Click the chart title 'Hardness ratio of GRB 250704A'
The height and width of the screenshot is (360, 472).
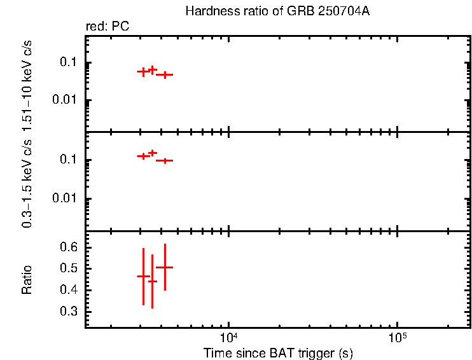coord(277,11)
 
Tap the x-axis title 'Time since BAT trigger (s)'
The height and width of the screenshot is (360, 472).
coord(278,353)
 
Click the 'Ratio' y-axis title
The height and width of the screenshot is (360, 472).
coord(27,279)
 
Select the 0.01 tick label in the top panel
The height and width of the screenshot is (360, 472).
coord(66,100)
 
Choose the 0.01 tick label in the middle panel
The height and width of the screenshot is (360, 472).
coord(66,198)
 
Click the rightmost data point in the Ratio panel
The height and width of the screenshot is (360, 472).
coord(165,268)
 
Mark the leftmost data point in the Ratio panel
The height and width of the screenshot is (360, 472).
coord(143,276)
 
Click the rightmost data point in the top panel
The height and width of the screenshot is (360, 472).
coord(165,74)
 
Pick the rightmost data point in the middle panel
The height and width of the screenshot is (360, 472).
coord(165,160)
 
